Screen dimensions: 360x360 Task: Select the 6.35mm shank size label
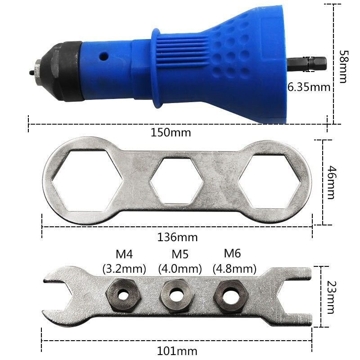coord(309,87)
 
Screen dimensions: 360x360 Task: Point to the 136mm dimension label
coord(178,237)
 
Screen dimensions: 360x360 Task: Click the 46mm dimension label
coord(331,182)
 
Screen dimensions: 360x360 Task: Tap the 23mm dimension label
coord(331,297)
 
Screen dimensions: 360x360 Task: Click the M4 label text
coord(124,255)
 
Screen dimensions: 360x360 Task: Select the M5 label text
coord(180,255)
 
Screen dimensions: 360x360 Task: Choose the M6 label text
coord(233,254)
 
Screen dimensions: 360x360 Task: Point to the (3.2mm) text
coord(124,269)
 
